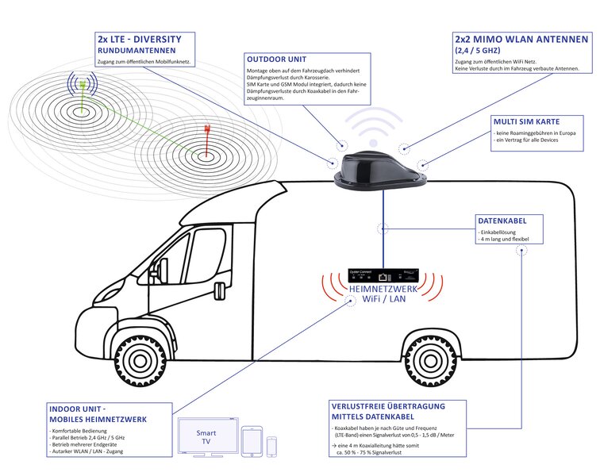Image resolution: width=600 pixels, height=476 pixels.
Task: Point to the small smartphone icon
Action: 272,446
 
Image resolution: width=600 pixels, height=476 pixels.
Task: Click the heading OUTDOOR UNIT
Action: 275,59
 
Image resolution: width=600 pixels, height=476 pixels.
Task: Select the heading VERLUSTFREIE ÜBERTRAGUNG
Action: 387,406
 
